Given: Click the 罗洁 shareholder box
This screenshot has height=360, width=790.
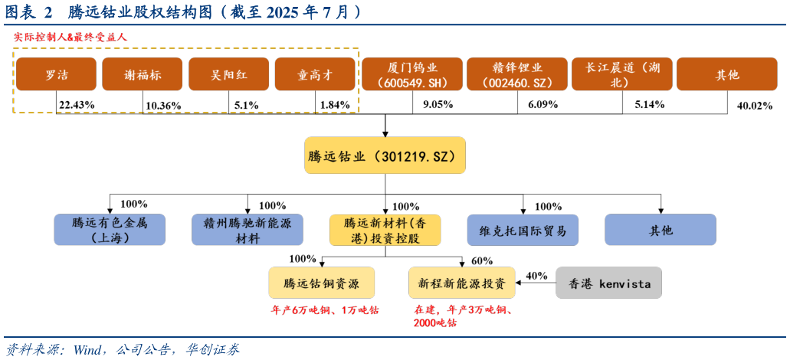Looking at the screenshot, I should pyautogui.click(x=56, y=74).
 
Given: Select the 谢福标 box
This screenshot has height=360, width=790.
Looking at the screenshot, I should pyautogui.click(x=143, y=74).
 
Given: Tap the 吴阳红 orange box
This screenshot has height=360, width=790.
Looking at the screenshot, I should pyautogui.click(x=229, y=74).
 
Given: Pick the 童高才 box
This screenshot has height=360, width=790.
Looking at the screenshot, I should pyautogui.click(x=315, y=74).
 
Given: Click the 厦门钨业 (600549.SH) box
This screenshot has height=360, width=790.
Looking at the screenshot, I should pyautogui.click(x=412, y=74).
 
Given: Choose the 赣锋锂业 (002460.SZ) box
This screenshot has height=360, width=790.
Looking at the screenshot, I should pyautogui.click(x=517, y=74).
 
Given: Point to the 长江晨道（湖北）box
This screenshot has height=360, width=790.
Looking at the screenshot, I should pyautogui.click(x=622, y=74).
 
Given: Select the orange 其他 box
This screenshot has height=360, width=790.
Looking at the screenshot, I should pyautogui.click(x=727, y=74).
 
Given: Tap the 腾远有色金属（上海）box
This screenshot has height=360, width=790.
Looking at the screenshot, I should pyautogui.click(x=110, y=230).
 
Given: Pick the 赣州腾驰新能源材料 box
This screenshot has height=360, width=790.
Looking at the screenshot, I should pyautogui.click(x=247, y=230).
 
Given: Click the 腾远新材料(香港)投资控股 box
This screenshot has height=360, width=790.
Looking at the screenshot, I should pyautogui.click(x=385, y=230).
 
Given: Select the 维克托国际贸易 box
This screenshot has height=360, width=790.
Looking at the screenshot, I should pyautogui.click(x=523, y=230).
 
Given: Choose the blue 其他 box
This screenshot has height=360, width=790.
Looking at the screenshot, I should pyautogui.click(x=661, y=230).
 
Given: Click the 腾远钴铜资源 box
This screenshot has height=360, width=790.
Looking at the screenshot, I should pyautogui.click(x=322, y=283).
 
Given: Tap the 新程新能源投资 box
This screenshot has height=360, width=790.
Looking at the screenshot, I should pyautogui.click(x=461, y=283).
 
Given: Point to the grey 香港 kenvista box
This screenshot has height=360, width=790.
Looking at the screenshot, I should pyautogui.click(x=608, y=283).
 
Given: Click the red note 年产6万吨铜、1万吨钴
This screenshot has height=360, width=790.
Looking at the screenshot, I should pyautogui.click(x=325, y=311).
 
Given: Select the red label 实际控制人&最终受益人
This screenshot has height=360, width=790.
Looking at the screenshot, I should pyautogui.click(x=70, y=37).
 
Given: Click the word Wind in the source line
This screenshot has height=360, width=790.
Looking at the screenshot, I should pyautogui.click(x=89, y=350).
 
